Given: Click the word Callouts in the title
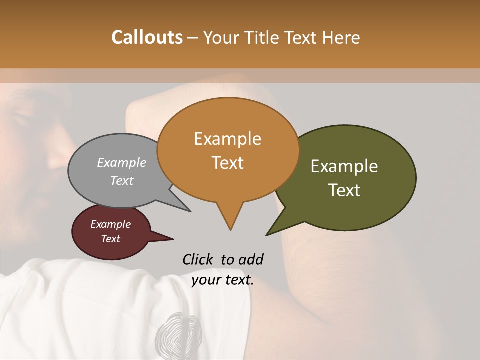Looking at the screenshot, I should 147,37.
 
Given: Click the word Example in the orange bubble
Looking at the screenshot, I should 227,139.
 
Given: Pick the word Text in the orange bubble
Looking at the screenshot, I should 227,163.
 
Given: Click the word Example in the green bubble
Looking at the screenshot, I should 344,166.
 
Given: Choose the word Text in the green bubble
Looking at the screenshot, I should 344,190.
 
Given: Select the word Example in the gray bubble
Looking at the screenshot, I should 121,162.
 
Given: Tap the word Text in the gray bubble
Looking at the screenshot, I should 121,180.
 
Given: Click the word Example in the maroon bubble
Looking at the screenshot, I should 110,224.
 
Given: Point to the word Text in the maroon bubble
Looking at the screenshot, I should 110,239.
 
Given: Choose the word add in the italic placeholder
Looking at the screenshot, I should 251,259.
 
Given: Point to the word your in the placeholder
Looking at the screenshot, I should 206,280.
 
